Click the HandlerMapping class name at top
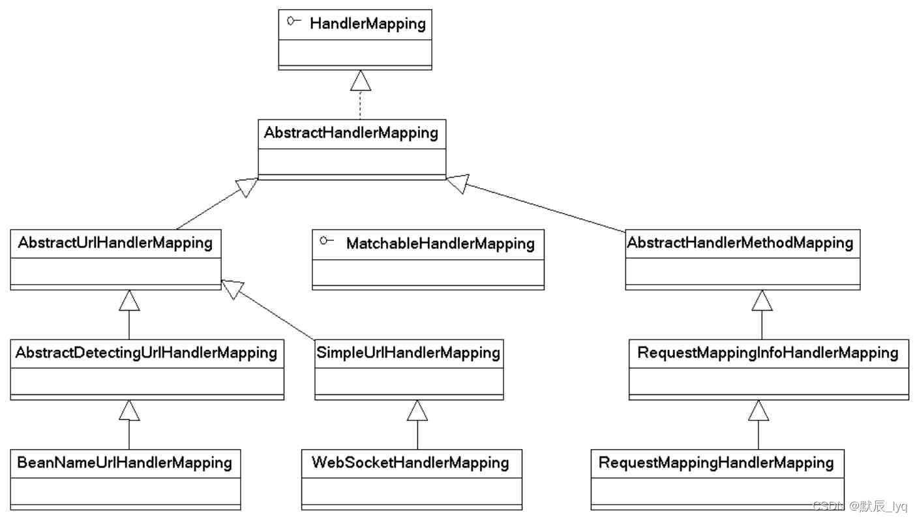367,25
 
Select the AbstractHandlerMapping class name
351,133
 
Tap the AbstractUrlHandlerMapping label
115,243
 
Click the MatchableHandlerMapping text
440,244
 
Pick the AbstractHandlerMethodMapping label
740,243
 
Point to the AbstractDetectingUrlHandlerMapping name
147,353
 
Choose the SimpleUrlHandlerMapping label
408,353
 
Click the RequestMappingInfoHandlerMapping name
768,353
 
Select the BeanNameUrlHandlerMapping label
125,463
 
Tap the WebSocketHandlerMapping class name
410,463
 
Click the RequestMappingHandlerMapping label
716,463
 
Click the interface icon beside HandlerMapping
293,22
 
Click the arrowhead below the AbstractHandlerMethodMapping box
762,300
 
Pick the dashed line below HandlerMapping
360,106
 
